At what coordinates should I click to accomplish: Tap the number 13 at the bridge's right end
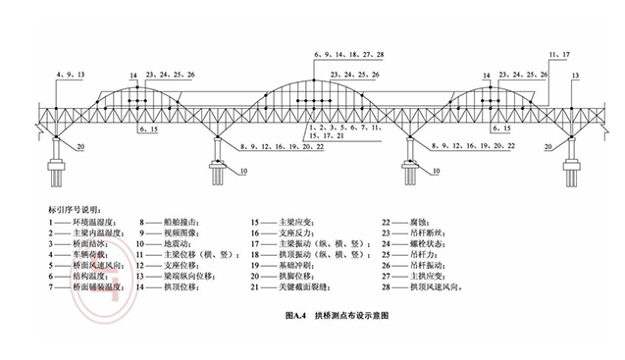pyautogui.click(x=575, y=76)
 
